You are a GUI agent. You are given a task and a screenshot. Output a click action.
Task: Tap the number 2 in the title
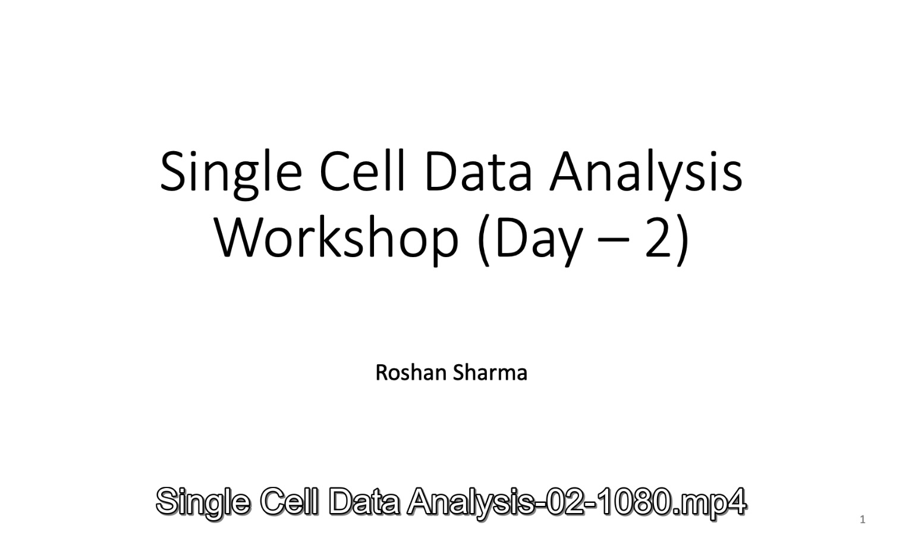[659, 237]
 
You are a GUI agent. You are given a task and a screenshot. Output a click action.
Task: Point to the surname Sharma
[490, 373]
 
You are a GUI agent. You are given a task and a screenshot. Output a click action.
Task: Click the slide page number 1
[863, 520]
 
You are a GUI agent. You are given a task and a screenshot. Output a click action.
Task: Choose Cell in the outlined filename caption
[289, 501]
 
